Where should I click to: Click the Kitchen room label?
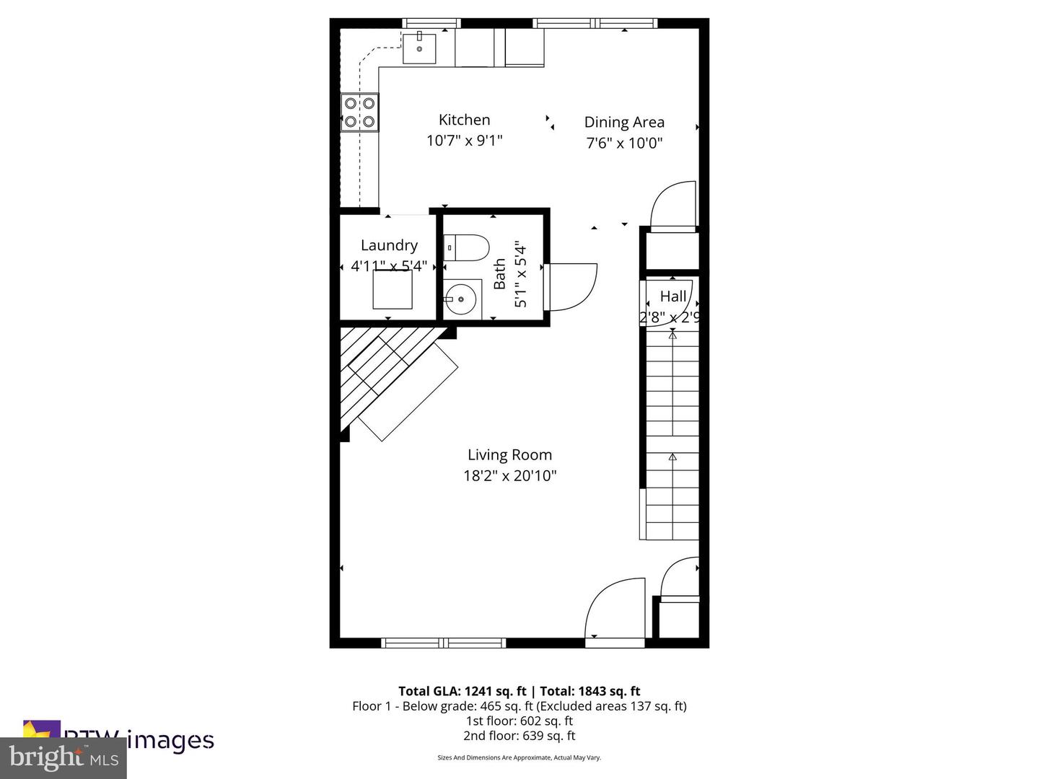point(464,120)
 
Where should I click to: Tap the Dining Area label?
point(624,122)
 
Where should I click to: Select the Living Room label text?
point(509,454)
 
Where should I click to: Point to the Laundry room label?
point(389,245)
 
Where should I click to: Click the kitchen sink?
point(419,48)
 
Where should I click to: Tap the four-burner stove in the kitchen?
point(360,113)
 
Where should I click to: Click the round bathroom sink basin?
point(460,299)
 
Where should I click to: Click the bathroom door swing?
point(571,286)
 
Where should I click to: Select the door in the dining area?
point(674,206)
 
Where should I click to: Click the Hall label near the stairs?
point(673,296)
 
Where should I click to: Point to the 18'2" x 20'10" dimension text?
point(509,476)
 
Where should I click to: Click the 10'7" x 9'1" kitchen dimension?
point(464,141)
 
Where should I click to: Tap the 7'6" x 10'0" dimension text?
point(624,143)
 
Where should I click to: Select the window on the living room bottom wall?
point(443,643)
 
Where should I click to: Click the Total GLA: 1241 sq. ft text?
point(462,691)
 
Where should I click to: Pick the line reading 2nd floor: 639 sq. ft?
point(519,736)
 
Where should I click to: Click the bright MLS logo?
point(63,757)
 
